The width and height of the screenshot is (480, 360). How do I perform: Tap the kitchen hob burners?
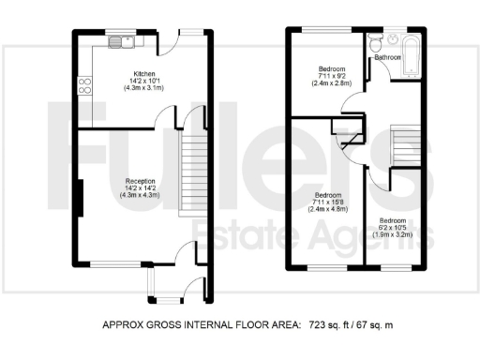tap(84, 85)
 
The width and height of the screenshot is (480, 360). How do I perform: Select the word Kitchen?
tap(143, 73)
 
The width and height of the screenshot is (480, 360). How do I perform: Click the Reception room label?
tap(141, 181)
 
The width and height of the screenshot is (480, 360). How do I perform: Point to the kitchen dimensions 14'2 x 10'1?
tap(143, 81)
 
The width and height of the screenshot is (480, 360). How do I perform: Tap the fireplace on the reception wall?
tap(81, 202)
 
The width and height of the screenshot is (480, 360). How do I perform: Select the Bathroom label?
tap(388, 58)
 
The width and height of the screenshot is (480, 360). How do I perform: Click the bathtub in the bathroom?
tap(413, 48)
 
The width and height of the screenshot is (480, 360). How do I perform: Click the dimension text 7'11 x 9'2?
tap(331, 77)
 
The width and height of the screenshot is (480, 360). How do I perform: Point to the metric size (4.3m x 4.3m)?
tap(141, 196)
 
